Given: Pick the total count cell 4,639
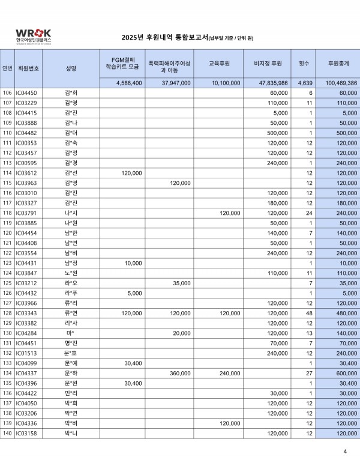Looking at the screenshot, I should click(x=305, y=83).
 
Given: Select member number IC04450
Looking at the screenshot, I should click(x=26, y=93).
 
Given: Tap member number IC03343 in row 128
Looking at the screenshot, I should click(x=26, y=312).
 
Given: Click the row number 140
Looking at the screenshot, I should click(x=7, y=432).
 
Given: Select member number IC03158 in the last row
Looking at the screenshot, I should click(x=26, y=432).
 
